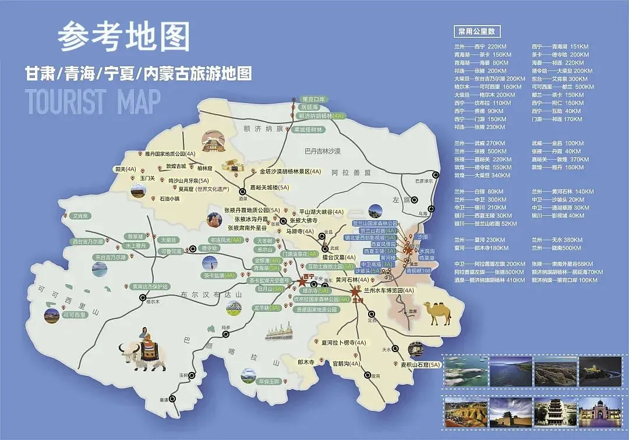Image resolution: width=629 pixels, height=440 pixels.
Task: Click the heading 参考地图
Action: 124,37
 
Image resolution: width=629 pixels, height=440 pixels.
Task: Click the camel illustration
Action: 437,313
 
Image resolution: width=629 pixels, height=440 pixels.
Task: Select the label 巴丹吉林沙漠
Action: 331,151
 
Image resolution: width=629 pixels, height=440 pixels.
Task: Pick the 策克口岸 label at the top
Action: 312,99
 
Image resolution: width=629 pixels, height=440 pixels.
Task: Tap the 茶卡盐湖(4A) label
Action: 220,275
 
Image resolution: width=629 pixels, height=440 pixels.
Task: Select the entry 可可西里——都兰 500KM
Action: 563,87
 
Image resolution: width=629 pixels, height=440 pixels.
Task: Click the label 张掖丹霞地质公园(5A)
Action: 252,210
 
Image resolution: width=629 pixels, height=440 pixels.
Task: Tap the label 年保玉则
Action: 269,381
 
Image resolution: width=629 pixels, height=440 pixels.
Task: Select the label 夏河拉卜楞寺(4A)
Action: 344,342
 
